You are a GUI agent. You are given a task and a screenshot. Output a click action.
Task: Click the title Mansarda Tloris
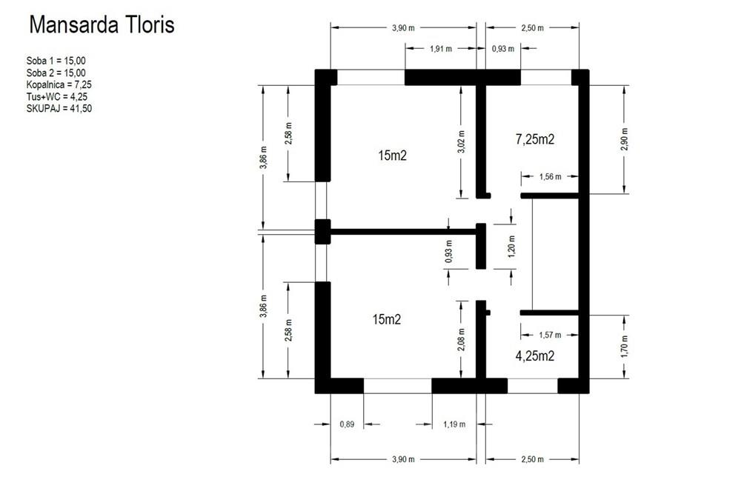[x=102, y=25]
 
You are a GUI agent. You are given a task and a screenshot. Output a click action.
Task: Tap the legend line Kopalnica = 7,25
[x=59, y=85]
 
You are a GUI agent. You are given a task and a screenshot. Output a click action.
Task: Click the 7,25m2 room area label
[x=535, y=138]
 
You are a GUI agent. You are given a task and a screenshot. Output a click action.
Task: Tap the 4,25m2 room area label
[x=535, y=356]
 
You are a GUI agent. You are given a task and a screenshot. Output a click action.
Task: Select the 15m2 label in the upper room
[x=393, y=156]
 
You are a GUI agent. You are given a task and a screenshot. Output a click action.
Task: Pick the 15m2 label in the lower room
[x=386, y=320]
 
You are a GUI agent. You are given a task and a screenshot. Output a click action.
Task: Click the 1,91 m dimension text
[x=441, y=49]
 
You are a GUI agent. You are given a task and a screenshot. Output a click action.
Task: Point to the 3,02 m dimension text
[x=462, y=141]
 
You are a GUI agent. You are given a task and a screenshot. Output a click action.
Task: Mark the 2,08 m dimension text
[x=462, y=340]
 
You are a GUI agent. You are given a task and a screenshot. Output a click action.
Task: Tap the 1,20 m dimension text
[x=511, y=245]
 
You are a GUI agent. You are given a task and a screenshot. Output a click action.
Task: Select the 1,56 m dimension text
[x=550, y=177]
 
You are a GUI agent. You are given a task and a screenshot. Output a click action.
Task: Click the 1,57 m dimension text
[x=550, y=335]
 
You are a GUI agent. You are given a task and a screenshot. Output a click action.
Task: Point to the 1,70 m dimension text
[x=624, y=346]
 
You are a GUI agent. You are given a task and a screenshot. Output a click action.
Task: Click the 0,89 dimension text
[x=347, y=424]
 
